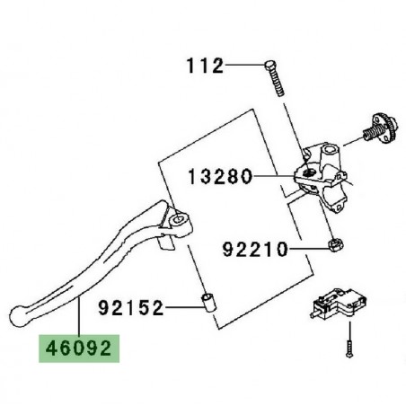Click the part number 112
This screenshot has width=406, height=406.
(205, 66)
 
